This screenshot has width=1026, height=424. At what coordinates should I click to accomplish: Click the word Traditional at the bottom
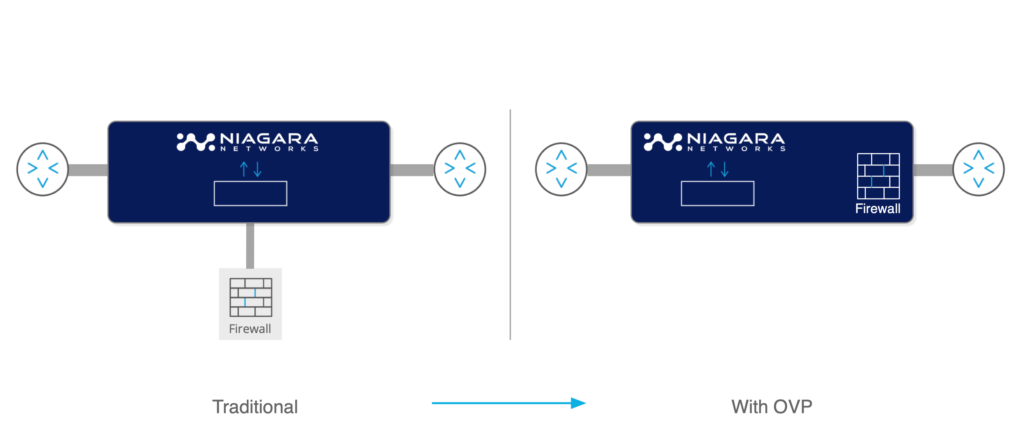pos(255,407)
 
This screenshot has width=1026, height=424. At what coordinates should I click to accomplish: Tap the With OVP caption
pos(771,407)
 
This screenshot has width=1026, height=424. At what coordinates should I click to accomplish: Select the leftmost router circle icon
pos(43,169)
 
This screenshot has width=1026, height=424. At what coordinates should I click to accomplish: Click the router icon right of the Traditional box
pos(460,169)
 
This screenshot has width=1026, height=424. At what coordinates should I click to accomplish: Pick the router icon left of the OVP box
pos(561,169)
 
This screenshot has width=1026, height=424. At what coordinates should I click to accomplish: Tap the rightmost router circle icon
pos(979,169)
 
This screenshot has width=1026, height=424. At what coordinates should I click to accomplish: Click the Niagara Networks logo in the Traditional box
pos(248,142)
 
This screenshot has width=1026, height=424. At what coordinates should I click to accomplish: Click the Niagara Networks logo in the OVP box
pos(714,142)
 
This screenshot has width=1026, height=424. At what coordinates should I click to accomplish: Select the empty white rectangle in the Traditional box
pos(250,193)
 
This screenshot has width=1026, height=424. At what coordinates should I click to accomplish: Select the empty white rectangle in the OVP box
pos(717,193)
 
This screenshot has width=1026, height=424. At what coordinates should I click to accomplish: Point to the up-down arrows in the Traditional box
pos(250,169)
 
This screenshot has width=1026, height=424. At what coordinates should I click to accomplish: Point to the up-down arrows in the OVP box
pos(717,169)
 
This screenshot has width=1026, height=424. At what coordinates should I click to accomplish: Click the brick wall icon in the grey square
pos(251,297)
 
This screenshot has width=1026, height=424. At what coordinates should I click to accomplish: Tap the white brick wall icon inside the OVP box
pos(878,176)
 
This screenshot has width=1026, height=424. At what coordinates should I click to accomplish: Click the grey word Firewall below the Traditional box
pos(250,329)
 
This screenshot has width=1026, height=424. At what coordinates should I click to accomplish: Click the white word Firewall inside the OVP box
pos(878,209)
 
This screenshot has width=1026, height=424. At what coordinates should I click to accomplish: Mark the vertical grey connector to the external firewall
pos(250,245)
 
